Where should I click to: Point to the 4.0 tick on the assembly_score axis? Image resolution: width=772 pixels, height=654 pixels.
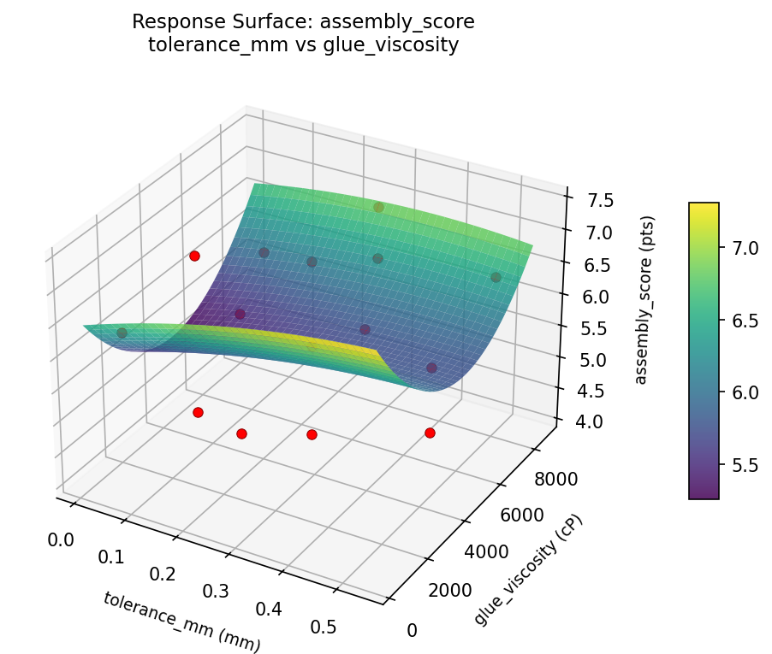pos(591,421)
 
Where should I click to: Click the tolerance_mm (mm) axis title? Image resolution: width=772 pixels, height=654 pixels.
pos(181,622)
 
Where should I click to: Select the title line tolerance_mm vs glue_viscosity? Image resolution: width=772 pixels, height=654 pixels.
pos(303,44)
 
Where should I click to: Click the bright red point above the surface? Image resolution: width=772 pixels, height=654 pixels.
pos(194,256)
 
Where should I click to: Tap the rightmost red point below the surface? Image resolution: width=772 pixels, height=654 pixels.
pos(430,433)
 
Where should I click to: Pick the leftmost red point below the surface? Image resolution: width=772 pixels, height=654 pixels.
pos(198,412)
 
